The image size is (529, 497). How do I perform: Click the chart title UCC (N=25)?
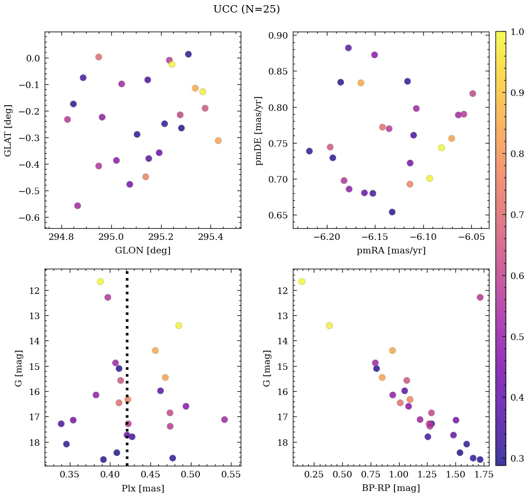coord(246,9)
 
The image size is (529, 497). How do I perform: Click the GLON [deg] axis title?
coord(142,251)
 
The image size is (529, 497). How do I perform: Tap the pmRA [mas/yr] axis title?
coord(391,251)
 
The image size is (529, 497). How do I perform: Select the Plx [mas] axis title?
coord(142,488)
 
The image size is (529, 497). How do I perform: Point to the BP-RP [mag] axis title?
coord(391,488)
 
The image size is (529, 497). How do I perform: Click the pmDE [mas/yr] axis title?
coord(259,130)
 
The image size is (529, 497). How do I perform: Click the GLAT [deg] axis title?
coord(7,130)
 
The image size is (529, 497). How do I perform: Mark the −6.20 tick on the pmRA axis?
coord(327,238)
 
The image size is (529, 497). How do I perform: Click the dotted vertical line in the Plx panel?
coord(127,373)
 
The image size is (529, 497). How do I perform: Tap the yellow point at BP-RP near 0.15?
coord(302,281)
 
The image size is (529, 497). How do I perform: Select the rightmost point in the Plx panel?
coord(224,420)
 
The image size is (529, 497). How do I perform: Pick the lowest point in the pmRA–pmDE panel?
coord(392,212)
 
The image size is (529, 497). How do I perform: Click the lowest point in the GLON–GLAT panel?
coord(77,205)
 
